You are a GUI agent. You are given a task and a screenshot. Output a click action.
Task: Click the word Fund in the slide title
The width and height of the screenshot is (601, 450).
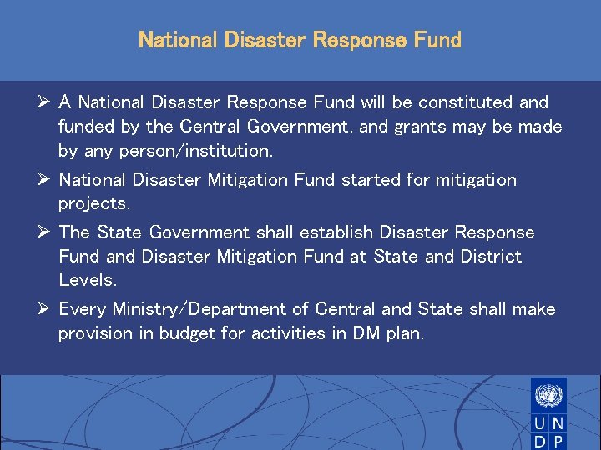click(x=435, y=40)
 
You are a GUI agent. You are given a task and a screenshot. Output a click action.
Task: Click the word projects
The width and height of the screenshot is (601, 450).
click(x=92, y=204)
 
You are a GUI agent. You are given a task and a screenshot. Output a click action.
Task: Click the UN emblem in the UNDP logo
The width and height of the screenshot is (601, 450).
click(x=548, y=394)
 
